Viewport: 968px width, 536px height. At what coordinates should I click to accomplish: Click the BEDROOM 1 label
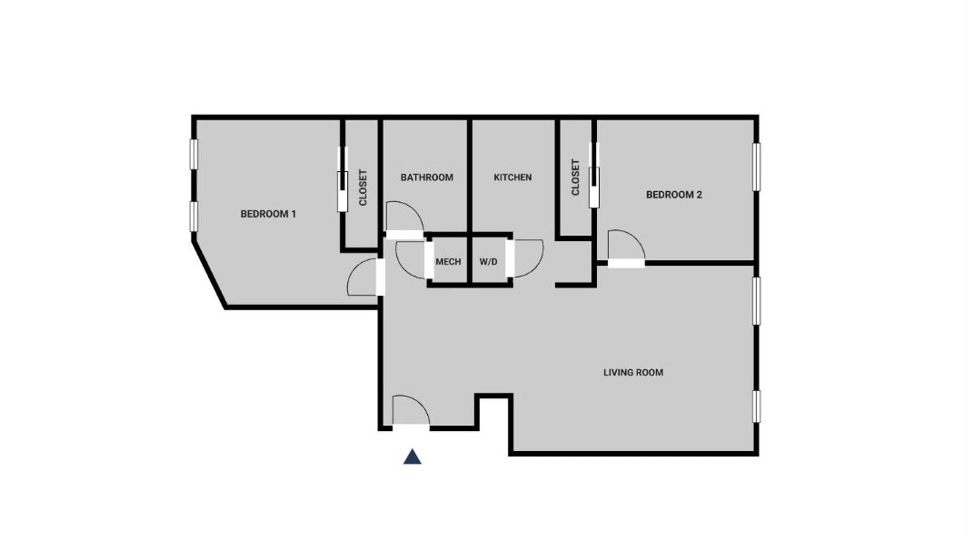[268, 214]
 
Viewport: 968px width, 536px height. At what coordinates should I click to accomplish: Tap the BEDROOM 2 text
[674, 194]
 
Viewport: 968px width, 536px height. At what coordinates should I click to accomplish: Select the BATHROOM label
[427, 177]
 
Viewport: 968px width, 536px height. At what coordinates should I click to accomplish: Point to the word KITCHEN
[513, 177]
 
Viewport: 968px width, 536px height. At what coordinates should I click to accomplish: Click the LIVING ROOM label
[633, 372]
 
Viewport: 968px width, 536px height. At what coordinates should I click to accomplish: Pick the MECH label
[448, 262]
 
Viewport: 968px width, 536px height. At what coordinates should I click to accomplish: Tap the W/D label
[488, 262]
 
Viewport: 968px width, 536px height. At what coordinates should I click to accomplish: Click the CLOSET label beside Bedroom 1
[363, 187]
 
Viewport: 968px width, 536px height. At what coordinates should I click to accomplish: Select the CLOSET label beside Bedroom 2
[576, 177]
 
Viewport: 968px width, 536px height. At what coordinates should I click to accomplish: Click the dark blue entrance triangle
[412, 457]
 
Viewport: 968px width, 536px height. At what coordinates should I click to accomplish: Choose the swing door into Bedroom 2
[625, 247]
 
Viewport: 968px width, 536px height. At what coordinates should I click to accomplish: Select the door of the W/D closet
[527, 259]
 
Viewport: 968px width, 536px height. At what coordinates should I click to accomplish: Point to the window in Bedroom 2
[757, 167]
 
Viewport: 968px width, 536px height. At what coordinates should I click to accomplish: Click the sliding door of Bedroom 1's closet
[343, 180]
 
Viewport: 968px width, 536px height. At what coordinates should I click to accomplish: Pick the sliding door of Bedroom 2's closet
[594, 175]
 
